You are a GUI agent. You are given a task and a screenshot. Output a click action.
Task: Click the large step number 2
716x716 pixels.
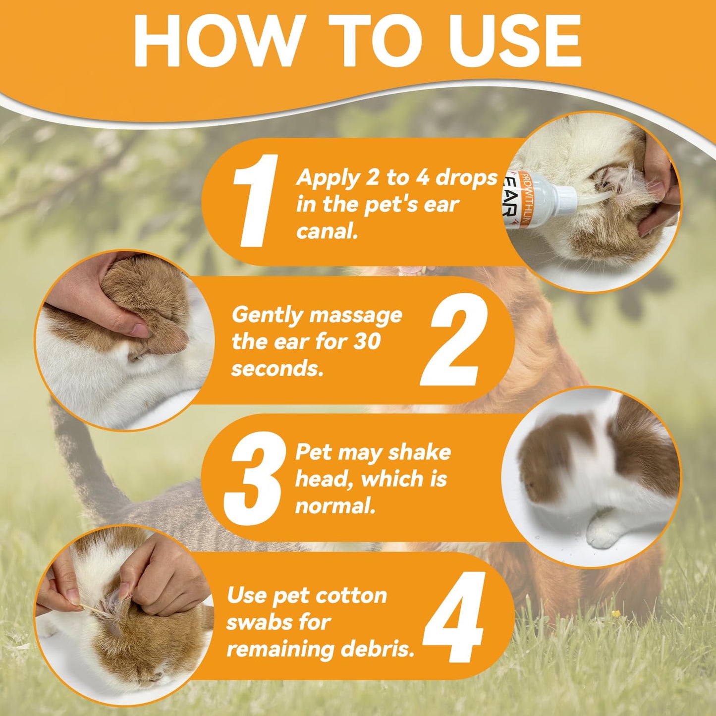point(454,339)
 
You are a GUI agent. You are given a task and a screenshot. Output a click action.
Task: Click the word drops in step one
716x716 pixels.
point(466,179)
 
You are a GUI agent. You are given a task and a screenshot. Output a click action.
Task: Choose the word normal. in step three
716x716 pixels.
point(335,506)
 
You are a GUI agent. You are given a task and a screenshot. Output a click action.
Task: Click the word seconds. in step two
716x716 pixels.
point(276,369)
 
